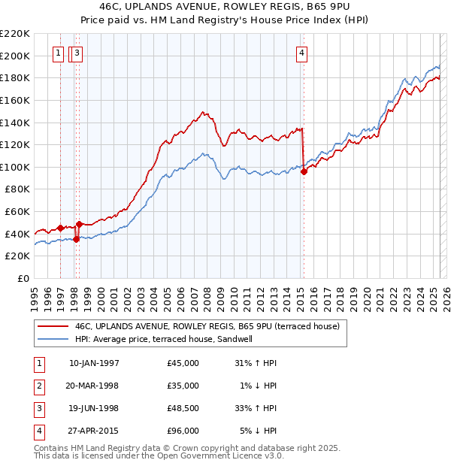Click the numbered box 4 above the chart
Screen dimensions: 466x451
pos(301,53)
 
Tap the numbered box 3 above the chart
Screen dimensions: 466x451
pos(78,53)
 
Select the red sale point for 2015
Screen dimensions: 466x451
pos(304,171)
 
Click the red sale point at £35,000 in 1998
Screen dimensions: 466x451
pos(76,240)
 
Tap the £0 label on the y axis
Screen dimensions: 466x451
pos(23,278)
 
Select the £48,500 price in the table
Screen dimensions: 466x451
pos(183,408)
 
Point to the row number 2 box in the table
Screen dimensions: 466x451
pos(38,386)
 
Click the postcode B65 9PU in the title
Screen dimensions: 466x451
pos(328,7)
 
